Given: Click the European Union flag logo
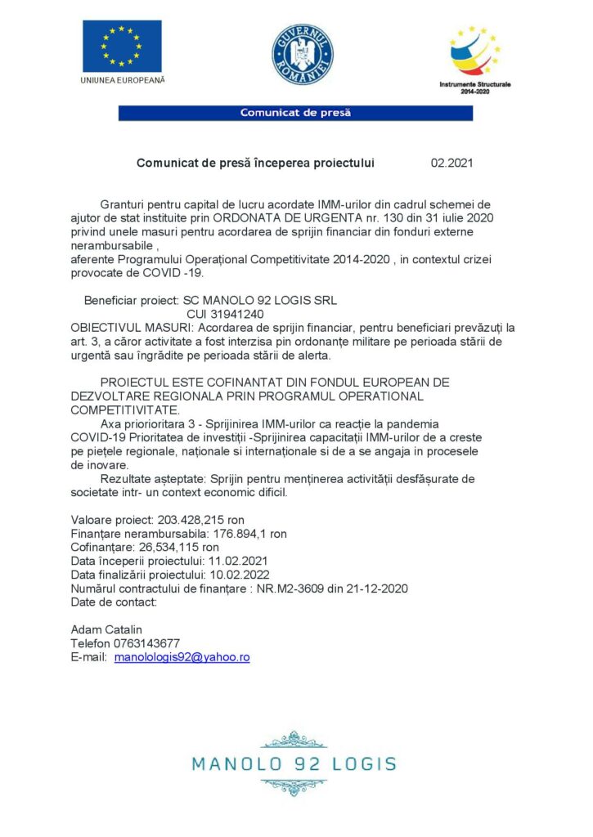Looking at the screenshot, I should tap(121, 46).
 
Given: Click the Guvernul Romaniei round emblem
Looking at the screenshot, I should tap(302, 55).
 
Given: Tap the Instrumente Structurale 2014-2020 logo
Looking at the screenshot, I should tap(474, 57).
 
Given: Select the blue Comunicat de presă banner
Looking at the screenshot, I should tap(295, 113).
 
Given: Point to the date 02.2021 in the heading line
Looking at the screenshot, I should tap(451, 163).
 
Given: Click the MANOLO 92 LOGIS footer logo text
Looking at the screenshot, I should tap(294, 765).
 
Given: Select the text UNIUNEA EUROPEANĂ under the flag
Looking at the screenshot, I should tap(123, 79).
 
